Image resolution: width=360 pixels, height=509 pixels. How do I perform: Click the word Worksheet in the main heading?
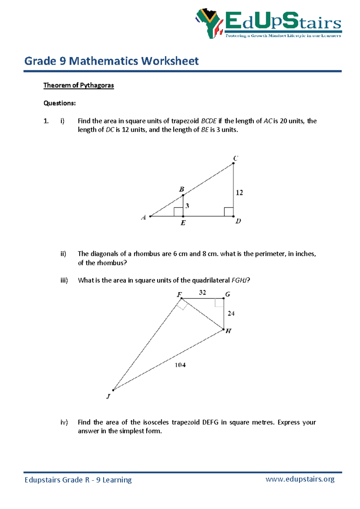click(170, 61)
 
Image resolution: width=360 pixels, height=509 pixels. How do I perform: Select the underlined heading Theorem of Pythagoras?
click(79, 86)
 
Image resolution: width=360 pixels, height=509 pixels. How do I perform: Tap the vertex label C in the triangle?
click(236, 158)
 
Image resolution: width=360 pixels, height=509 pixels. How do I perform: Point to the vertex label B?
click(181, 189)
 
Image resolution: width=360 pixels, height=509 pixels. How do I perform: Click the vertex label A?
click(144, 217)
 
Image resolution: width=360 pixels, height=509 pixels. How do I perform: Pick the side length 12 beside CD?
click(239, 193)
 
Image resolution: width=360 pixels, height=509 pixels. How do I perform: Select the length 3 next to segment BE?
click(187, 206)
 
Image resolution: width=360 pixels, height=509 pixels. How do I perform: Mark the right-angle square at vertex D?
click(229, 212)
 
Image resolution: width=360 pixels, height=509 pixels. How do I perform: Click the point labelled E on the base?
click(183, 216)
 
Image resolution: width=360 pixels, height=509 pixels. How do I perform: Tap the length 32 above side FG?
click(202, 293)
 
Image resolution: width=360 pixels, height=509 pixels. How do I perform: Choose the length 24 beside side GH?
click(231, 314)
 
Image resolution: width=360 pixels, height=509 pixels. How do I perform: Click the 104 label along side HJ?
click(180, 365)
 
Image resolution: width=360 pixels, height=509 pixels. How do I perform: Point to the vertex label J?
click(108, 396)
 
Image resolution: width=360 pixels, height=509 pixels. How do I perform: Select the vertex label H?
click(229, 331)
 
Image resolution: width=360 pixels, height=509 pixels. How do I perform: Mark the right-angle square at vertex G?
click(219, 303)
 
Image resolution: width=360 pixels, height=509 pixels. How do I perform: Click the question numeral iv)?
click(64, 422)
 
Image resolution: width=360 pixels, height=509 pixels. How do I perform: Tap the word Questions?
click(60, 103)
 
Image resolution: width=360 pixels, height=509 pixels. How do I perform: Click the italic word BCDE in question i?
click(209, 121)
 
